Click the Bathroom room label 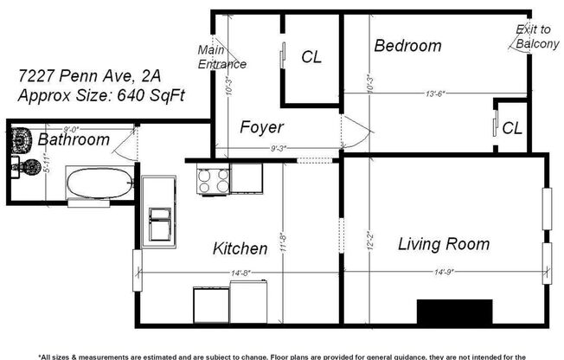[73, 139]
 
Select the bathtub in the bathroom [99, 183]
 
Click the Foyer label [262, 127]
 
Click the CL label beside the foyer [311, 57]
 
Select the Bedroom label [407, 46]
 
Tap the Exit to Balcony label [536, 36]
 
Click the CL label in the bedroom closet [512, 128]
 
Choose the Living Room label [444, 244]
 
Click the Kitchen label [240, 249]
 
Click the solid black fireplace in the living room [454, 311]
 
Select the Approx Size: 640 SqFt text [100, 96]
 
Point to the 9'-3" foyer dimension [279, 148]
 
